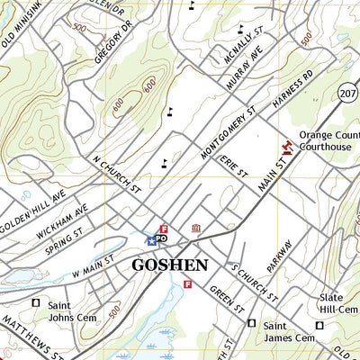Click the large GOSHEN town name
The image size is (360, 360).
170,265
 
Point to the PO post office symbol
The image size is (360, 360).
163,239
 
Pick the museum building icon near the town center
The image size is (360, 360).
195,231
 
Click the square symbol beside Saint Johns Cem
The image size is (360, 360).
37,303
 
